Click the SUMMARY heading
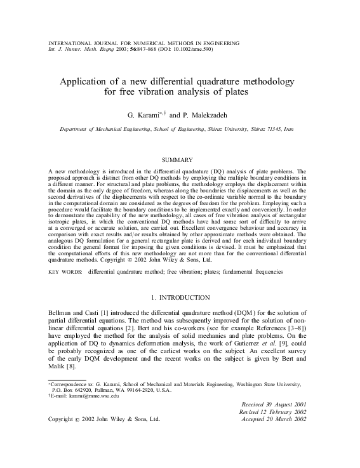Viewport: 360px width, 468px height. click(180, 159)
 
